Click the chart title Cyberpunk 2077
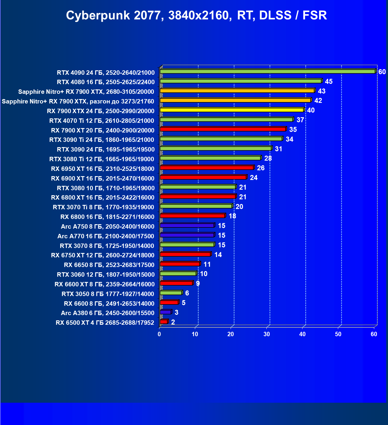pyautogui.click(x=196, y=15)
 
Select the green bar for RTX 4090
pyautogui.click(x=267, y=72)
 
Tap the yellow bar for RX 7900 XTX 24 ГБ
pyautogui.click(x=232, y=110)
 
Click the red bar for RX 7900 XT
pyautogui.click(x=223, y=129)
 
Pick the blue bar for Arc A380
pyautogui.click(x=166, y=312)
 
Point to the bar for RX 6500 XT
pyautogui.click(x=164, y=322)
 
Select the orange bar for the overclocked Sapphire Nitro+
pyautogui.click(x=235, y=100)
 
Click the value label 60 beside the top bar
pyautogui.click(x=382, y=72)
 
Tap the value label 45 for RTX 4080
pyautogui.click(x=329, y=81)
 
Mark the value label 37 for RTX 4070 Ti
pyautogui.click(x=300, y=120)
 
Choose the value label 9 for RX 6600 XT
pyautogui.click(x=198, y=283)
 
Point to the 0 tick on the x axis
pyautogui.click(x=159, y=334)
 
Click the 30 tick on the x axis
pyautogui.click(x=267, y=334)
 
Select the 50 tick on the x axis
pyautogui.click(x=338, y=334)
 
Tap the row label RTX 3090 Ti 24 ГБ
pyautogui.click(x=102, y=140)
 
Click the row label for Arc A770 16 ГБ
pyautogui.click(x=106, y=236)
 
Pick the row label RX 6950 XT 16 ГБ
pyautogui.click(x=103, y=169)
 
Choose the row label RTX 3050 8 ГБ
pyautogui.click(x=108, y=294)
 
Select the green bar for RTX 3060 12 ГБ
pyautogui.click(x=178, y=273)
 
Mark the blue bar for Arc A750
pyautogui.click(x=187, y=225)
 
